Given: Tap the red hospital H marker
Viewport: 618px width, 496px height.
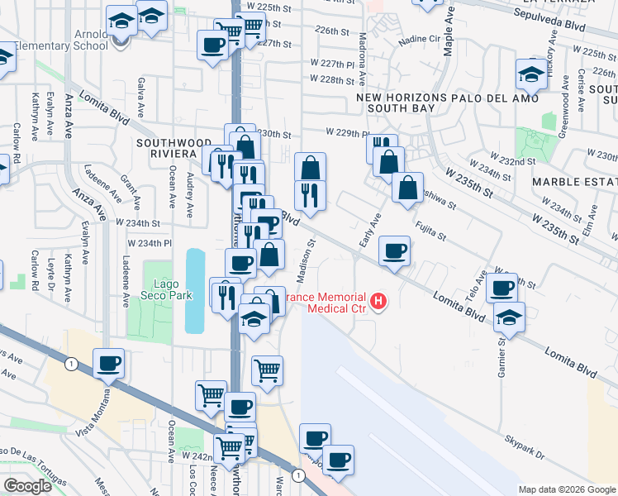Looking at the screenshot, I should tap(378, 301).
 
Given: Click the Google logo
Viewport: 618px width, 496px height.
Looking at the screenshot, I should tap(27, 486).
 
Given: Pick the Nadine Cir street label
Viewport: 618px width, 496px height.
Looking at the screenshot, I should tap(419, 39).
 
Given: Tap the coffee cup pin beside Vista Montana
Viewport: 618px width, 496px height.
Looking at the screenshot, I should tap(110, 363).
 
